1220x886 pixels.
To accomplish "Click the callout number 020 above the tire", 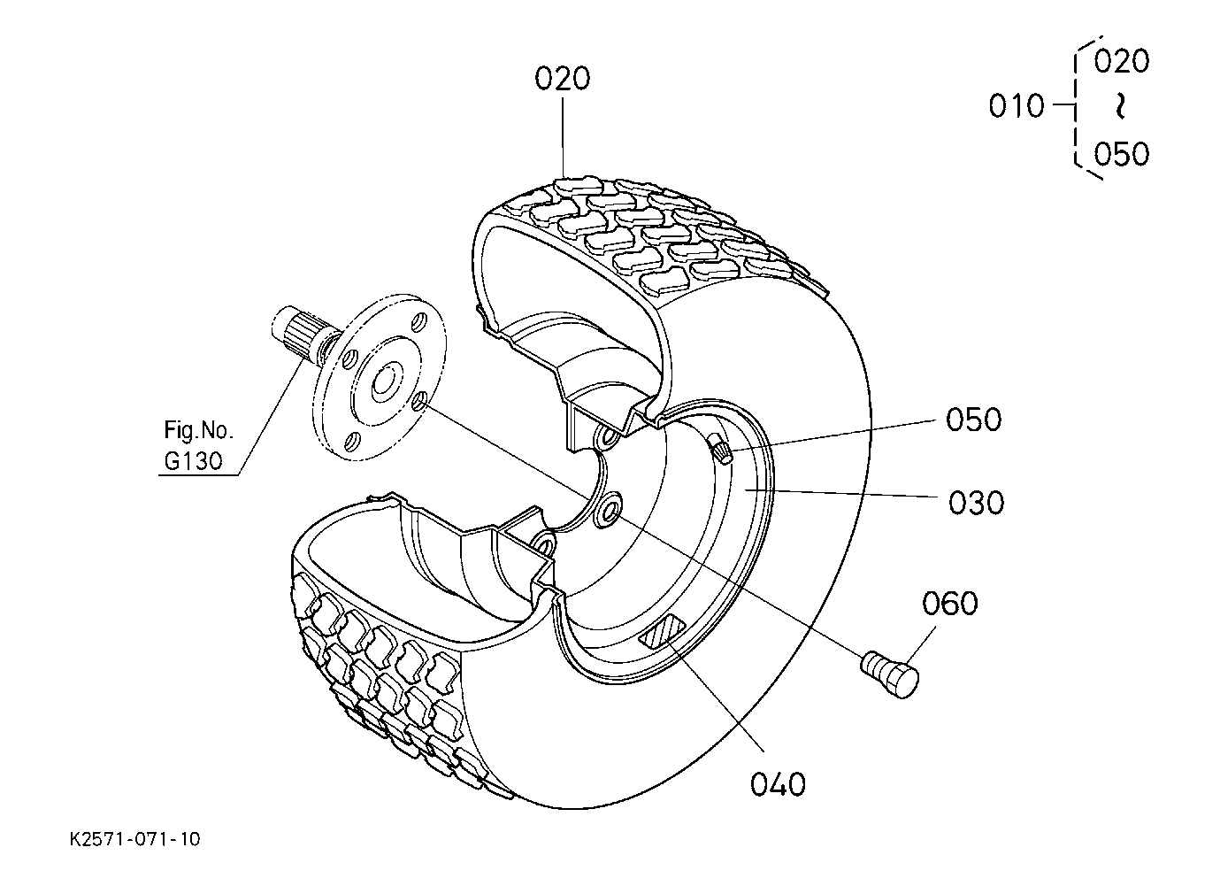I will click(x=562, y=79).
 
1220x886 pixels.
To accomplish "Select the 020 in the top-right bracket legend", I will click(x=1121, y=61).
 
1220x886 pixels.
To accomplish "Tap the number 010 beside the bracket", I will click(x=1017, y=107).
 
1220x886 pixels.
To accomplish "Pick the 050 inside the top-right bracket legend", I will click(x=1121, y=154).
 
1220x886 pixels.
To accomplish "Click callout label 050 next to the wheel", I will click(x=973, y=420).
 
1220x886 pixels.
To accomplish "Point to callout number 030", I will click(x=976, y=504).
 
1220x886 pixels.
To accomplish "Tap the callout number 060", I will click(x=950, y=605).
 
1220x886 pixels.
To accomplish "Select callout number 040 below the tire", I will click(x=778, y=784).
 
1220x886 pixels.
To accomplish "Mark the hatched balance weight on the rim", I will click(x=663, y=632).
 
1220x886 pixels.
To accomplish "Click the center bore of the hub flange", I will click(x=384, y=382).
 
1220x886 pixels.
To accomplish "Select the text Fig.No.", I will click(x=199, y=431).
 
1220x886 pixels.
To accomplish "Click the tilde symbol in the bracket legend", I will click(x=1120, y=107).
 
